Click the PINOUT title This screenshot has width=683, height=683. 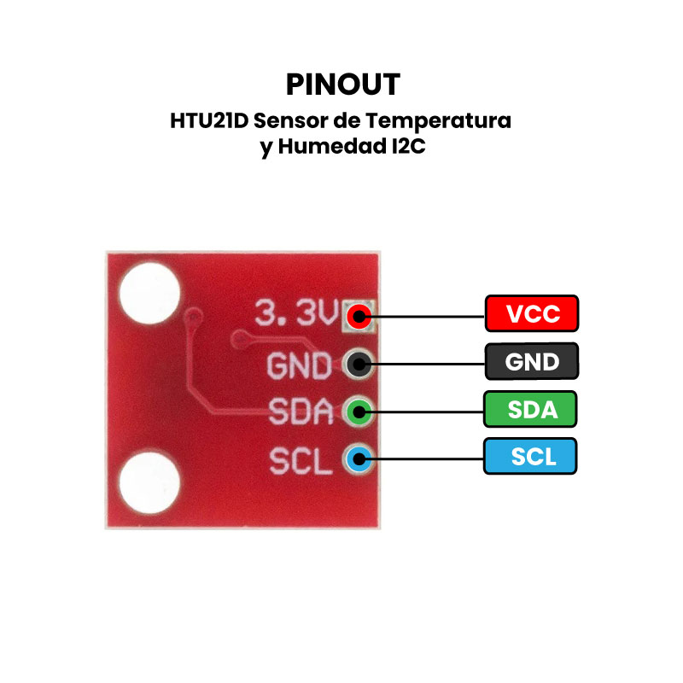(x=342, y=85)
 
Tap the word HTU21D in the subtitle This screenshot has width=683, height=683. (x=208, y=120)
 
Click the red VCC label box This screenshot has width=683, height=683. (x=532, y=314)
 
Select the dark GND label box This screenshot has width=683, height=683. (x=532, y=362)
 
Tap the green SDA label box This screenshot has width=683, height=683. (x=532, y=410)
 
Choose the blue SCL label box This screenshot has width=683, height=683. (x=532, y=457)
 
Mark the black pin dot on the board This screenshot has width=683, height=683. (x=359, y=365)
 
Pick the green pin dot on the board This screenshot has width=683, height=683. (x=359, y=413)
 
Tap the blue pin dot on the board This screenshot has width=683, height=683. (x=359, y=461)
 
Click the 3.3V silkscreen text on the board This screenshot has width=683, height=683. (x=298, y=314)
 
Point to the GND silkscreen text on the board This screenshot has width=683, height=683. (x=299, y=366)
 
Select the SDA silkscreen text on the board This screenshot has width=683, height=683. (x=300, y=413)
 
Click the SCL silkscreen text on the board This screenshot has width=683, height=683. (x=300, y=461)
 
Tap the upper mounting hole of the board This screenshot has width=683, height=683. (x=150, y=292)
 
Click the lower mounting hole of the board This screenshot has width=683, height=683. (x=149, y=484)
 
